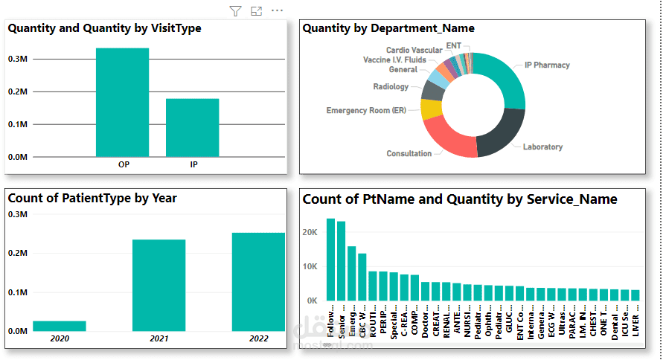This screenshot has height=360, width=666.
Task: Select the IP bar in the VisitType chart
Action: click(x=192, y=128)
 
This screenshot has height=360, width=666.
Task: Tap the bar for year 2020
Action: click(x=60, y=326)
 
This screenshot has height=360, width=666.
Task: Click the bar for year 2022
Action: click(x=258, y=282)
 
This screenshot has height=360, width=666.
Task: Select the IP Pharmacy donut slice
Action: click(x=499, y=78)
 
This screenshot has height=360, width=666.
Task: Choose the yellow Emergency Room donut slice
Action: click(x=430, y=109)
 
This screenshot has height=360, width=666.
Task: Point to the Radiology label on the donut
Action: click(x=391, y=87)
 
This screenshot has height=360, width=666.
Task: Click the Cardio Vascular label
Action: click(x=414, y=50)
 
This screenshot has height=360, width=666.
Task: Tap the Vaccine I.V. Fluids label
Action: click(x=394, y=60)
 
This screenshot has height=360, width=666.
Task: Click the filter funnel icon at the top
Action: click(x=235, y=11)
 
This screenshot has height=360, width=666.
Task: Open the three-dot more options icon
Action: click(x=278, y=11)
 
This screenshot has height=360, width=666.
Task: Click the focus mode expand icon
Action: click(x=257, y=11)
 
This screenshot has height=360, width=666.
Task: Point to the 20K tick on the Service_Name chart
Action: click(x=311, y=231)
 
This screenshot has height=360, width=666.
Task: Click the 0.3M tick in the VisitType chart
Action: click(x=18, y=59)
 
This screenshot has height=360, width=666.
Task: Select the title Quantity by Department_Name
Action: click(x=388, y=28)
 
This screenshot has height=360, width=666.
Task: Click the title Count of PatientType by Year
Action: click(x=92, y=199)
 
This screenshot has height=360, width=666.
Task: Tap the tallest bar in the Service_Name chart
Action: click(x=330, y=260)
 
